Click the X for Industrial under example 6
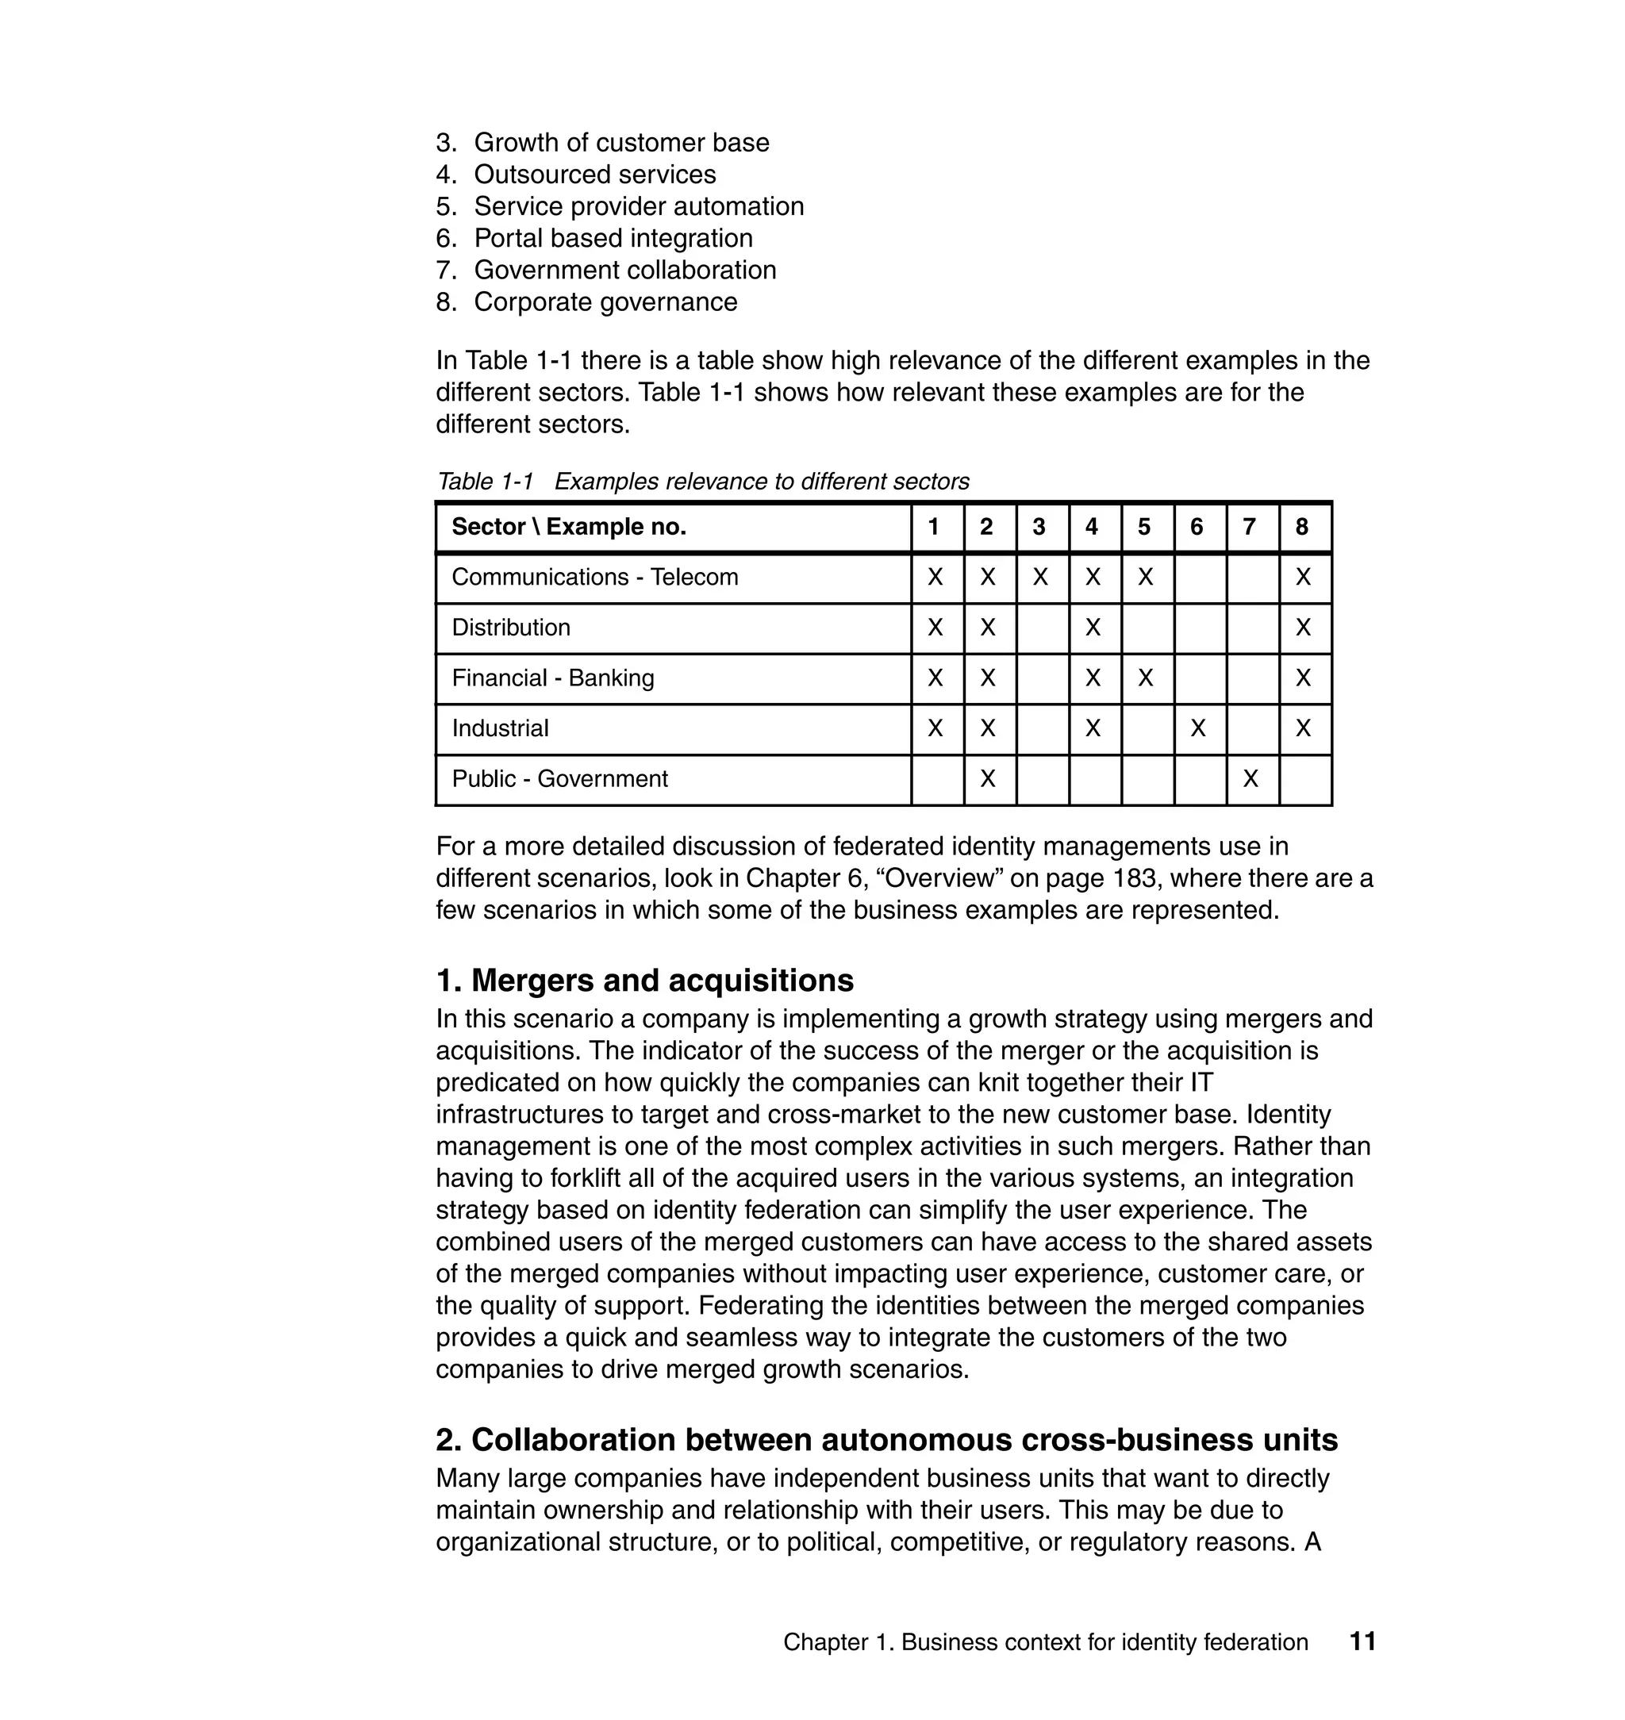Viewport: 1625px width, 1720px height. click(x=1198, y=728)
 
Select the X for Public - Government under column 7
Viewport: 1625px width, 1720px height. click(x=1250, y=778)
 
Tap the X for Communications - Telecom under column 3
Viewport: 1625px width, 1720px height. click(x=1040, y=577)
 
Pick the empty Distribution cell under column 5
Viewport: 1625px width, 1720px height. click(x=1146, y=628)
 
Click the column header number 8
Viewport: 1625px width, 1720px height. click(x=1302, y=527)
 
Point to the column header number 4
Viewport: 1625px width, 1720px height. click(x=1092, y=527)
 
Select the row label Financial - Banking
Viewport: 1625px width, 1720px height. click(x=552, y=678)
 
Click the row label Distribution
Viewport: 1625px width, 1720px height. click(x=511, y=628)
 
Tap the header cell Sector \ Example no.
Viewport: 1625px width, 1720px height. click(x=569, y=527)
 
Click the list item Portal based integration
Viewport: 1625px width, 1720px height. click(x=613, y=238)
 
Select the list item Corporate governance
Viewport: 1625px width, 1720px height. click(x=605, y=302)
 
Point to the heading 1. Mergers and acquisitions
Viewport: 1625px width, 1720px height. click(x=644, y=981)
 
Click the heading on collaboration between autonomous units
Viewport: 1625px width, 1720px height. click(x=886, y=1439)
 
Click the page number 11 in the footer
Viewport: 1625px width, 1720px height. click(x=1362, y=1641)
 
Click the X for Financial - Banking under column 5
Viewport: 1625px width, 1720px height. click(x=1145, y=678)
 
